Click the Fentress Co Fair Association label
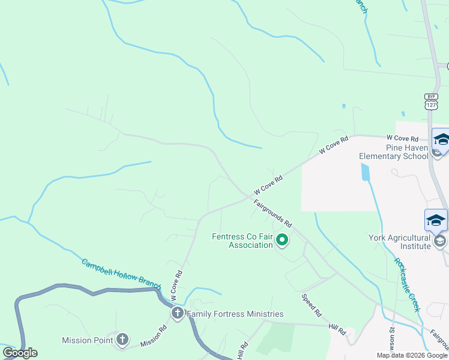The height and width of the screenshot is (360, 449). pyautogui.click(x=242, y=241)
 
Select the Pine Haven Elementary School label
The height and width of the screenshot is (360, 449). pyautogui.click(x=393, y=152)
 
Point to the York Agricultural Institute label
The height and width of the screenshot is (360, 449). pyautogui.click(x=399, y=241)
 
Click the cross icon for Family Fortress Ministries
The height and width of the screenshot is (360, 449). pyautogui.click(x=178, y=313)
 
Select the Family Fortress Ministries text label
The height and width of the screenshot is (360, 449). pyautogui.click(x=235, y=314)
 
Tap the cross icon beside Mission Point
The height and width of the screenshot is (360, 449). pyautogui.click(x=122, y=340)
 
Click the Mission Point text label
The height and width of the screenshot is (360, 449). pyautogui.click(x=87, y=340)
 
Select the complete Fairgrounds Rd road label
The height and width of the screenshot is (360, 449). pyautogui.click(x=272, y=213)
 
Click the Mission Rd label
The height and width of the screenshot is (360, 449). pyautogui.click(x=153, y=336)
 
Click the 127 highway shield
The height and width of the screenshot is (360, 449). pyautogui.click(x=431, y=104)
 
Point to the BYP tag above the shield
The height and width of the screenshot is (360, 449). pyautogui.click(x=431, y=96)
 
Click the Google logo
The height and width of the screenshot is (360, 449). pyautogui.click(x=20, y=353)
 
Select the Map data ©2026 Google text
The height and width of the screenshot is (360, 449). pyautogui.click(x=412, y=355)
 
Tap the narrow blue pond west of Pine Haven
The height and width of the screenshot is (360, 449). pyautogui.click(x=366, y=172)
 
